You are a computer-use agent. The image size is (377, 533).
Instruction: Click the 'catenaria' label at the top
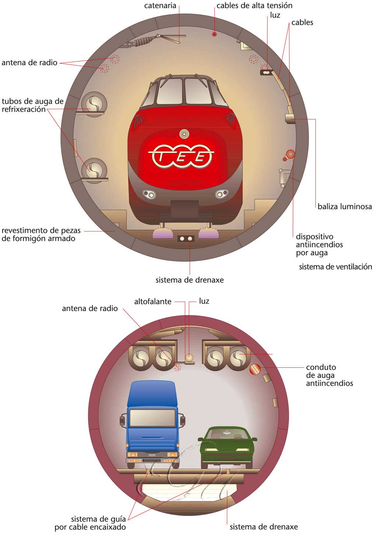click(160, 6)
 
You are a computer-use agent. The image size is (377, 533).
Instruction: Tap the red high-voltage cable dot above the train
click(214, 34)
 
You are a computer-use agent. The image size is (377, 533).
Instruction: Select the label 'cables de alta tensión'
click(254, 6)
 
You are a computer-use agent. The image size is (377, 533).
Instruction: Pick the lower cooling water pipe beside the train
click(94, 169)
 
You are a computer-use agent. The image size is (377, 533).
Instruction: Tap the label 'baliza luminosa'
click(345, 207)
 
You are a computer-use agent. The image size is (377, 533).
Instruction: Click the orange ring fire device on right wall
click(290, 154)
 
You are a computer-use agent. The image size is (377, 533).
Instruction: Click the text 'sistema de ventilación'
click(335, 267)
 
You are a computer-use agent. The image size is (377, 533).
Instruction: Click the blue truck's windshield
click(152, 417)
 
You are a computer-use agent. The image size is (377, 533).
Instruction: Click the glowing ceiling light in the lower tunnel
click(189, 357)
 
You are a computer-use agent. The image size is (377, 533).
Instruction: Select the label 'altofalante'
click(153, 302)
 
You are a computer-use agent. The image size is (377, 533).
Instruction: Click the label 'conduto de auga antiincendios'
click(329, 375)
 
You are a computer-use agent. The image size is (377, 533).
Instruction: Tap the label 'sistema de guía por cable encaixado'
click(90, 523)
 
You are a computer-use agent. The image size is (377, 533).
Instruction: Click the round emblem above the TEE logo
click(184, 134)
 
